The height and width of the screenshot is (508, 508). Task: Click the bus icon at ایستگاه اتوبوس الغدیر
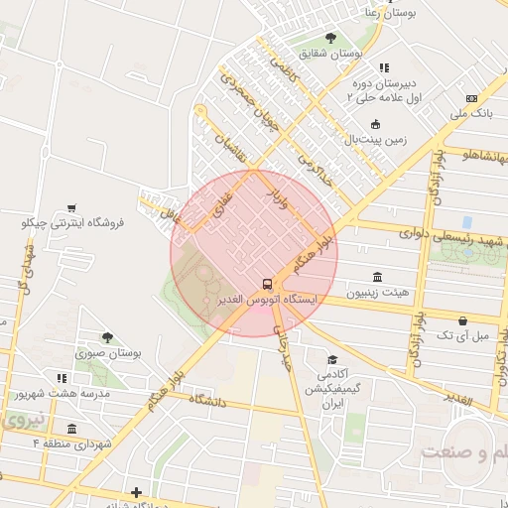pyautogui.click(x=266, y=282)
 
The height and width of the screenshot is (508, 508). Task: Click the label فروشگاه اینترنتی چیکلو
pyautogui.click(x=72, y=223)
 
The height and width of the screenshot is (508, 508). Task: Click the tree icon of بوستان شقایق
pyautogui.click(x=330, y=38)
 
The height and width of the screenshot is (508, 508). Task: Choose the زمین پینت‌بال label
pyautogui.click(x=375, y=141)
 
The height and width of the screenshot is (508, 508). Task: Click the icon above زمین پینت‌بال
pyautogui.click(x=375, y=124)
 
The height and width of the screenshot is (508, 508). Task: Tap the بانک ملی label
pyautogui.click(x=470, y=115)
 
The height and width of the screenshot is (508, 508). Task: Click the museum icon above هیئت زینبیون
pyautogui.click(x=376, y=277)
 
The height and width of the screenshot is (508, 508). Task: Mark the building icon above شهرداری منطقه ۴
pyautogui.click(x=72, y=428)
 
